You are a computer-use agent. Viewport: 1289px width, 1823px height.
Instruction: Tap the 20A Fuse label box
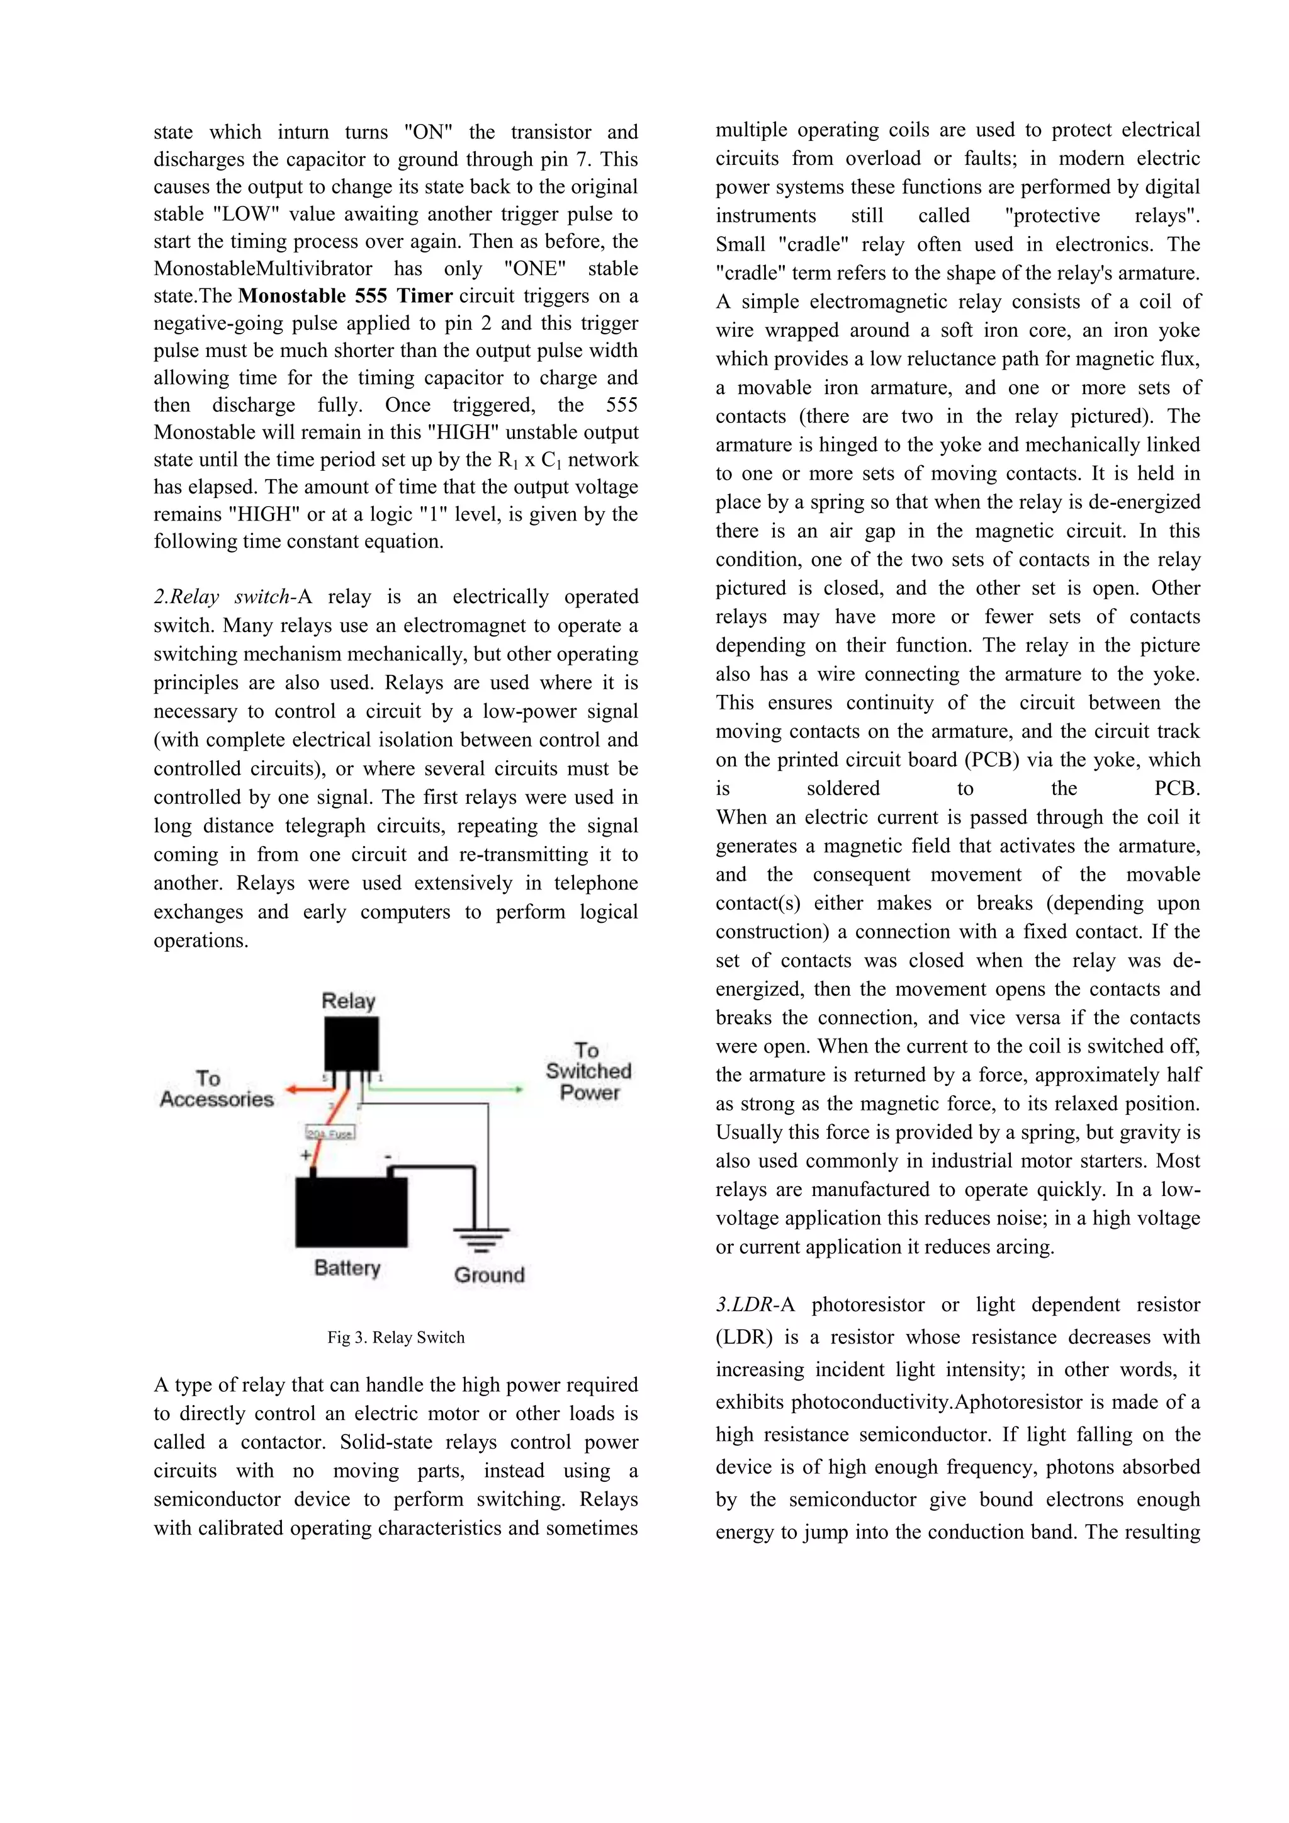point(330,1133)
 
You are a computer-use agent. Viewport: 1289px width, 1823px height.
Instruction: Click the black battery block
point(352,1212)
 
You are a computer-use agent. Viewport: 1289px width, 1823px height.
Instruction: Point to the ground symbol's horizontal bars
point(480,1239)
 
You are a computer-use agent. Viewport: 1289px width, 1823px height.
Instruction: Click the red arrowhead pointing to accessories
point(292,1090)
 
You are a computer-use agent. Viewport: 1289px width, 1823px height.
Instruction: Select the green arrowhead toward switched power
point(519,1090)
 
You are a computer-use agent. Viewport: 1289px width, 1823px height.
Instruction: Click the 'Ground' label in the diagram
point(489,1275)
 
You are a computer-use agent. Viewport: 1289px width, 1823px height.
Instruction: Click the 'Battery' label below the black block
point(347,1267)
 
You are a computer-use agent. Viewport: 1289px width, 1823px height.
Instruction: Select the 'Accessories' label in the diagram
point(217,1099)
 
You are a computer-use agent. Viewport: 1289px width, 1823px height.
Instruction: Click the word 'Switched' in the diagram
point(588,1071)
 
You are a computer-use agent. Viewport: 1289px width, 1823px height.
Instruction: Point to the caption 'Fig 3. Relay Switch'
point(395,1337)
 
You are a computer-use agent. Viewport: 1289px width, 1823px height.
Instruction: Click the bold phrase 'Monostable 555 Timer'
point(346,296)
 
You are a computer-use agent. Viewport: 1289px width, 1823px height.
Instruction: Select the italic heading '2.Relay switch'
point(222,597)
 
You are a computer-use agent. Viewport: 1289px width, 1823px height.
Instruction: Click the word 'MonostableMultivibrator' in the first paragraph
point(262,268)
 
